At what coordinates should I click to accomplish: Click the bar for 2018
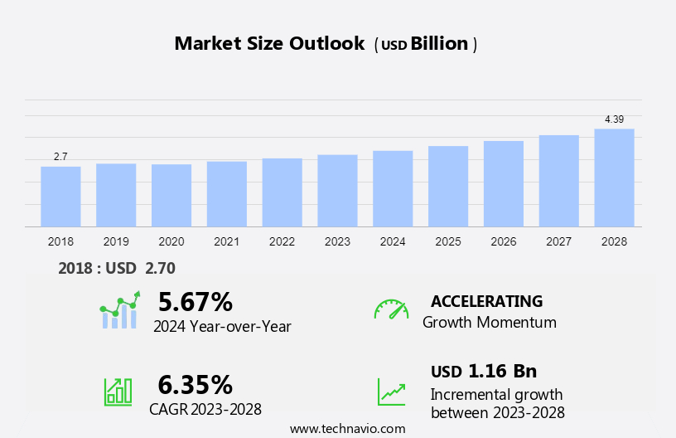(x=60, y=197)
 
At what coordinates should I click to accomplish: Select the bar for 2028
(x=614, y=178)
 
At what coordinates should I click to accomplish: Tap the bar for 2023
(x=337, y=191)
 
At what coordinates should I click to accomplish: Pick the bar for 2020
(x=171, y=196)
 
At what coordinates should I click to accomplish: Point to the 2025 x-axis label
(x=448, y=241)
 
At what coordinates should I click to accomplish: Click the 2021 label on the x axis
(x=226, y=241)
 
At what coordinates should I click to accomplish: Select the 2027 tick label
(x=558, y=241)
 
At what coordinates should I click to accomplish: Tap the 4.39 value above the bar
(x=614, y=119)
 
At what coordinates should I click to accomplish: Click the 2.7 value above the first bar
(x=60, y=157)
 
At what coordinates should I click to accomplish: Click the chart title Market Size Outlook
(x=269, y=44)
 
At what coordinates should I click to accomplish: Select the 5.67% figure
(x=196, y=301)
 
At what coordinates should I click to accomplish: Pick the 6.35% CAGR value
(x=196, y=384)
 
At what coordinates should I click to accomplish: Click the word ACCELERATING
(x=486, y=301)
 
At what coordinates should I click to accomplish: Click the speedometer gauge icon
(x=391, y=309)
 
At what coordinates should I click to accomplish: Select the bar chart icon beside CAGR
(x=118, y=392)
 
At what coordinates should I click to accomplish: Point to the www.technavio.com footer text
(x=348, y=429)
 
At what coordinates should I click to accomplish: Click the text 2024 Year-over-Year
(x=222, y=326)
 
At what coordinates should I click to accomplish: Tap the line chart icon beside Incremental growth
(x=391, y=392)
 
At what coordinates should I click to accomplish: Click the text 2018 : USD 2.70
(x=117, y=268)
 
